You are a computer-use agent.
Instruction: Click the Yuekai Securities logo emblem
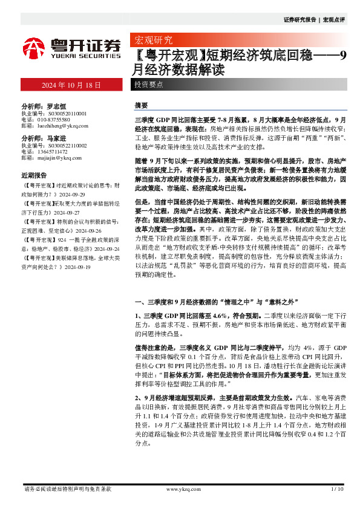pos(34,48)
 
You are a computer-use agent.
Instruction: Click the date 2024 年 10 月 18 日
pos(71,85)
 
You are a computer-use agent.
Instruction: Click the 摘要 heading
pos(141,105)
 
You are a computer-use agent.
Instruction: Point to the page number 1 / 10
pos(338,488)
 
